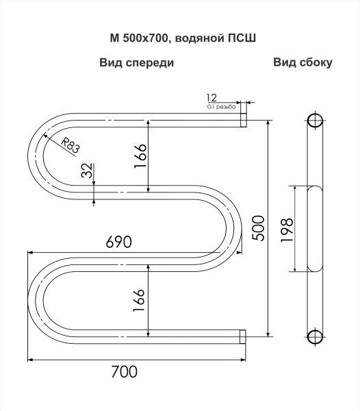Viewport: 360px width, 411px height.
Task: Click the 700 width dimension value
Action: (124, 371)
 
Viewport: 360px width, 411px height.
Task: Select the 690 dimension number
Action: (118, 242)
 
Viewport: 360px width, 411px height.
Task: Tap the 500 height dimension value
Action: (259, 228)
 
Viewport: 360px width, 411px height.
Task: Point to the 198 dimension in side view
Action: (287, 230)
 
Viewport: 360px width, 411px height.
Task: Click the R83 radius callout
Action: (70, 145)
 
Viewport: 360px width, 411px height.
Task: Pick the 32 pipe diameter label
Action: (87, 171)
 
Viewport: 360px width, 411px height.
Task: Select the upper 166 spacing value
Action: (140, 155)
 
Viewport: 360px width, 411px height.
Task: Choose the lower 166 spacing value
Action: (139, 300)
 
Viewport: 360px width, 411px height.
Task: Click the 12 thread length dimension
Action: (211, 98)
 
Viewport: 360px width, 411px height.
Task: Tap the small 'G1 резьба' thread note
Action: (221, 107)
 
